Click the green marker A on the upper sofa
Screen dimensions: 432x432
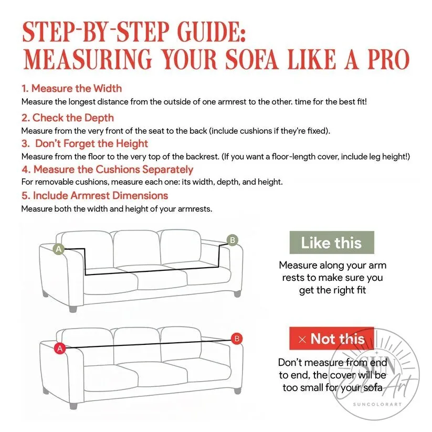pyautogui.click(x=59, y=249)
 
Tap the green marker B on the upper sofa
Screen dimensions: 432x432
pyautogui.click(x=232, y=240)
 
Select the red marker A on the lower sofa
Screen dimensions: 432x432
pyautogui.click(x=60, y=349)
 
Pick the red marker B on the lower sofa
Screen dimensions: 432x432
pyautogui.click(x=237, y=339)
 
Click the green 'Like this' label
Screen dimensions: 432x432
pyautogui.click(x=332, y=243)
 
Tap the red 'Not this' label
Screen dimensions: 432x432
pyautogui.click(x=332, y=339)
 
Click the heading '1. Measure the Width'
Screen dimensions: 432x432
pyautogui.click(x=71, y=88)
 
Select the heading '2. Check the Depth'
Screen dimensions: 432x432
pyautogui.click(x=68, y=118)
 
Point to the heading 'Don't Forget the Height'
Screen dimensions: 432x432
pyautogui.click(x=91, y=143)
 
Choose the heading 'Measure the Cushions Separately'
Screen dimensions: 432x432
pyautogui.click(x=113, y=170)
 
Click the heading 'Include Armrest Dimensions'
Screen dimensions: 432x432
pyautogui.click(x=100, y=196)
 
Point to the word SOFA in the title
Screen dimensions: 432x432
pyautogui.click(x=251, y=59)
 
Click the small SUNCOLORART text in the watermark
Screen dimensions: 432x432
pyautogui.click(x=377, y=404)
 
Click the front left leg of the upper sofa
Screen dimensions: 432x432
pyautogui.click(x=73, y=309)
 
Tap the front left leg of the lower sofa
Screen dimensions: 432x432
pyautogui.click(x=73, y=405)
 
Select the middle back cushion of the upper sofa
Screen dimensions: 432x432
pyautogui.click(x=136, y=248)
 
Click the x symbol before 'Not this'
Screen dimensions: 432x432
pyautogui.click(x=302, y=340)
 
